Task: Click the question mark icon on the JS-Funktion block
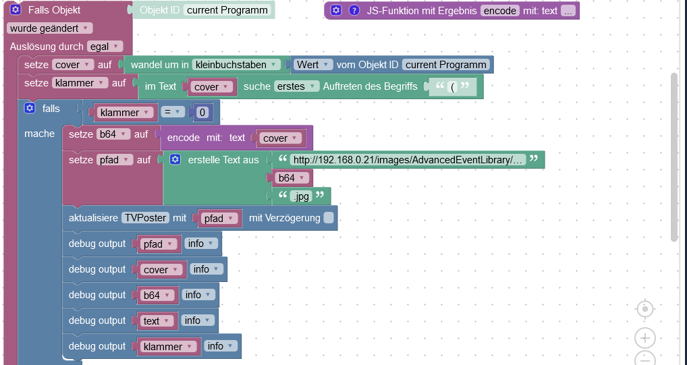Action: coord(354,11)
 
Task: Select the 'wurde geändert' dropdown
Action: coord(50,28)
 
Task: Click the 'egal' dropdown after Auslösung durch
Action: coord(105,47)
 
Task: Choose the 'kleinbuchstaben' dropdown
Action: coord(236,65)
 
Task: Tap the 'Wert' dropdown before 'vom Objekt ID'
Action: coord(313,65)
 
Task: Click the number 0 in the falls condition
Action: coord(202,113)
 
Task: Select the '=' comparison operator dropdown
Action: coord(172,113)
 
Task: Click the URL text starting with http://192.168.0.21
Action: coord(407,160)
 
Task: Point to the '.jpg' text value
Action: coord(302,196)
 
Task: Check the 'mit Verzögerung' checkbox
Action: coord(329,218)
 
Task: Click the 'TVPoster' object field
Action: coord(145,218)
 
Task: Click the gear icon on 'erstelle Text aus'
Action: coord(175,160)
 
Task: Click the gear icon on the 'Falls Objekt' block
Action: coord(16,10)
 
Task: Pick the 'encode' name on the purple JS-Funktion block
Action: coord(500,11)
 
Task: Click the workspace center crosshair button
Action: coord(645,309)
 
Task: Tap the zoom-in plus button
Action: coord(645,338)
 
